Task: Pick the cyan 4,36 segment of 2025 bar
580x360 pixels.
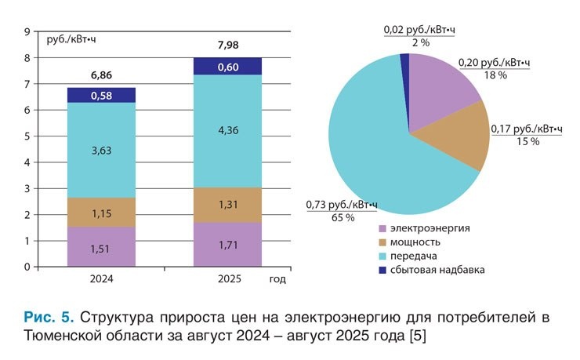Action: tap(227, 130)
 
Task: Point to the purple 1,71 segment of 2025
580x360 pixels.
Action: tap(227, 245)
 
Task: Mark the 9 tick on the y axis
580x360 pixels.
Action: tap(27, 32)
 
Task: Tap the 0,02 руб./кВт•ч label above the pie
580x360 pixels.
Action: tap(419, 30)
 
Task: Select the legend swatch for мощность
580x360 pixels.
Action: tap(383, 242)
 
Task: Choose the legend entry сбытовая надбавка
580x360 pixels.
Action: tap(439, 270)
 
